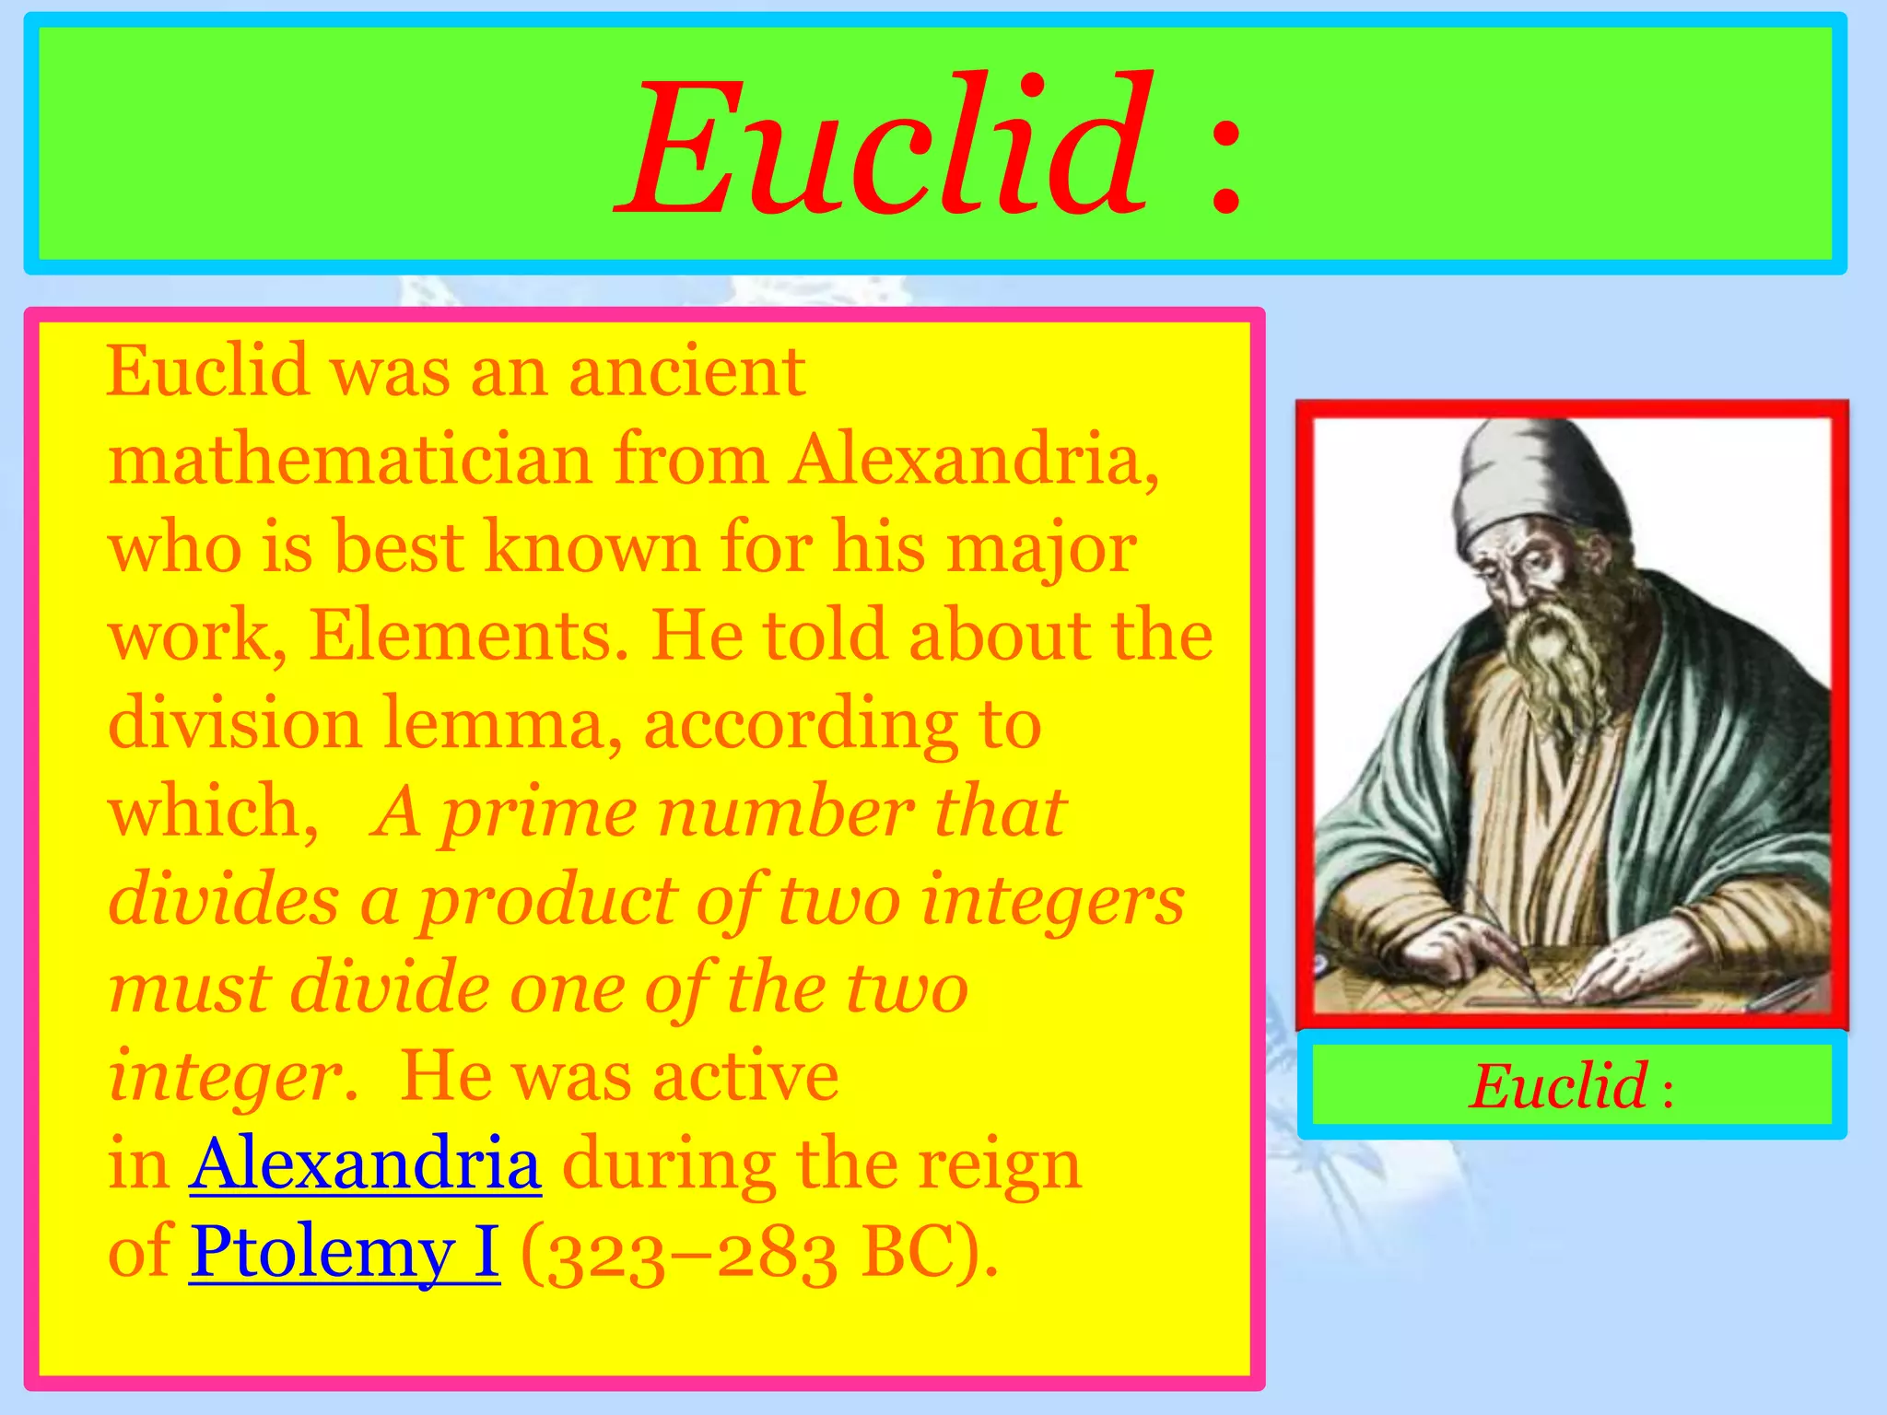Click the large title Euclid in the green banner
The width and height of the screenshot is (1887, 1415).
click(885, 147)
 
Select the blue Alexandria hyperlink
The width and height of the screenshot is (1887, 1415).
click(365, 1164)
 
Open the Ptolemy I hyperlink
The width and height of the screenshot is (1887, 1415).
click(345, 1252)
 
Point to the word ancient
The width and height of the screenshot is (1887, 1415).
click(687, 371)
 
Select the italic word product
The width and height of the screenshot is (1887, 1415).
click(547, 901)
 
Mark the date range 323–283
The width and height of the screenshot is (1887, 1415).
click(680, 1256)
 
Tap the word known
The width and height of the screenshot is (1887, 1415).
click(592, 547)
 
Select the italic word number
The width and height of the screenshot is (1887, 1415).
click(785, 813)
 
